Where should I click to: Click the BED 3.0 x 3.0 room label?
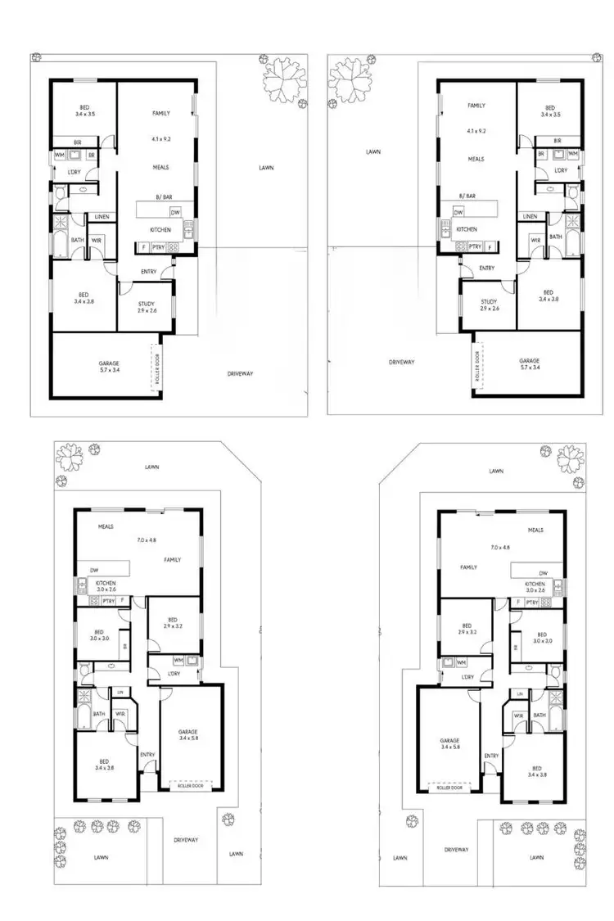click(98, 635)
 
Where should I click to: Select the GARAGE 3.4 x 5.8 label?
click(189, 735)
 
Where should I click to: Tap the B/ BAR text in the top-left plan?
click(162, 196)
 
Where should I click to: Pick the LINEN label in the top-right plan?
click(530, 216)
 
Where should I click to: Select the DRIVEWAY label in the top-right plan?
click(403, 361)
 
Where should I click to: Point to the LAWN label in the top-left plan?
click(265, 167)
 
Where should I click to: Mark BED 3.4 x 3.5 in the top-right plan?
click(550, 111)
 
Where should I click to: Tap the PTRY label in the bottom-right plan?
click(532, 602)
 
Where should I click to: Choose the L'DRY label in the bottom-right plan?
click(468, 677)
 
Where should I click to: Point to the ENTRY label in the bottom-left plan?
click(147, 755)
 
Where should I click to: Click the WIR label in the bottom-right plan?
click(518, 715)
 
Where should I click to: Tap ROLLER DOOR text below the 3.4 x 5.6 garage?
click(449, 788)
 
